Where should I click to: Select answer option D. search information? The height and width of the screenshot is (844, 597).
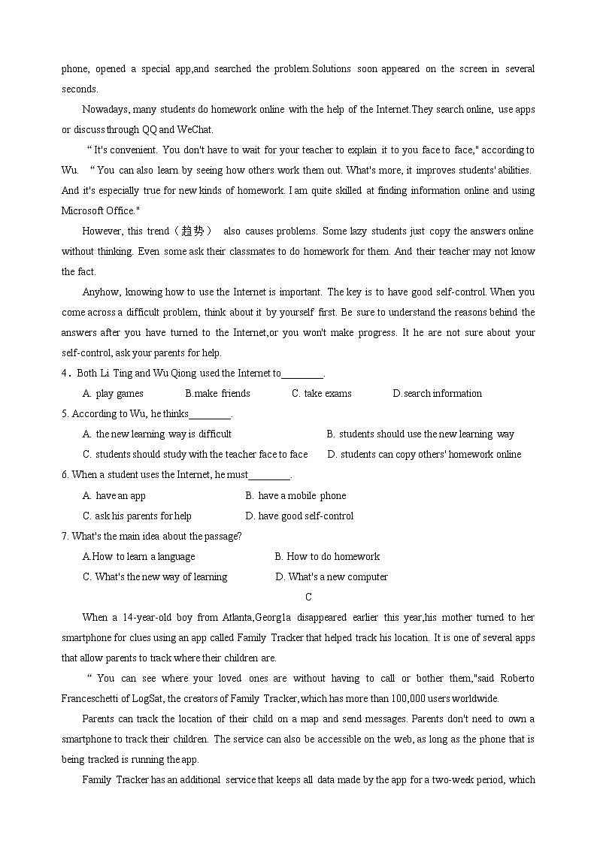[437, 393]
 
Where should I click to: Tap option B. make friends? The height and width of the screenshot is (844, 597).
[217, 393]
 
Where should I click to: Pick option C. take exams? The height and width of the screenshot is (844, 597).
[321, 393]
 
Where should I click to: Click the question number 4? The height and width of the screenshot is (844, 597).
[65, 373]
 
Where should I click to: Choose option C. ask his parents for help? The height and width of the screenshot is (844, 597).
[137, 516]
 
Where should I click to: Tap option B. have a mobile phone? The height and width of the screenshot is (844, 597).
[295, 495]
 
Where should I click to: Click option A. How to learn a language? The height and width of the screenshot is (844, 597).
[138, 556]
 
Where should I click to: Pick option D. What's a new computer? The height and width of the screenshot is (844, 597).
[332, 576]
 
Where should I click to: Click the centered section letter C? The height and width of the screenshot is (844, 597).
[308, 597]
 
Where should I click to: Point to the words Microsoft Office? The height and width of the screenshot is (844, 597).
[98, 210]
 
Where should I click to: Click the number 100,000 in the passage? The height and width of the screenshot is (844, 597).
[424, 698]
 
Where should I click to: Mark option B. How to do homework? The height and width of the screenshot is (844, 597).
[327, 556]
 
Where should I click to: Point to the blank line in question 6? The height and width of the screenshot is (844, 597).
[268, 476]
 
